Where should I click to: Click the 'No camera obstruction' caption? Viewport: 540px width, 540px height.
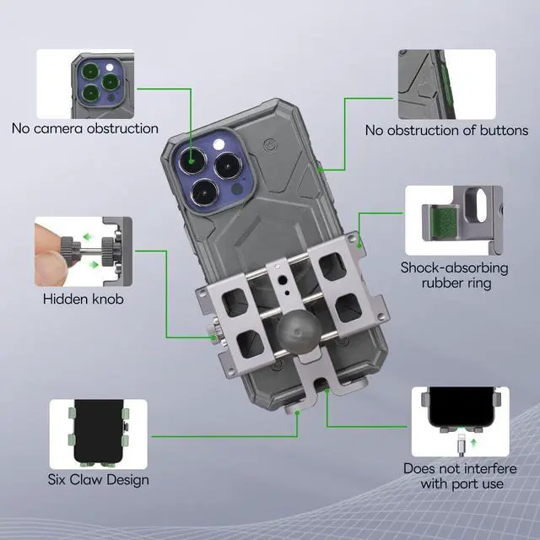click(84, 128)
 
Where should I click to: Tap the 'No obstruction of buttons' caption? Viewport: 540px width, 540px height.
click(446, 130)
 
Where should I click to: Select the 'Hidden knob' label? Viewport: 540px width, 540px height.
click(84, 299)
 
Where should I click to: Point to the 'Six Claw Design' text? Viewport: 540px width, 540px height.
click(98, 479)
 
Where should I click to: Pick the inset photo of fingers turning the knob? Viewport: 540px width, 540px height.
click(84, 251)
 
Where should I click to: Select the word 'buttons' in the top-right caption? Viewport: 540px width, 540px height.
click(502, 130)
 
